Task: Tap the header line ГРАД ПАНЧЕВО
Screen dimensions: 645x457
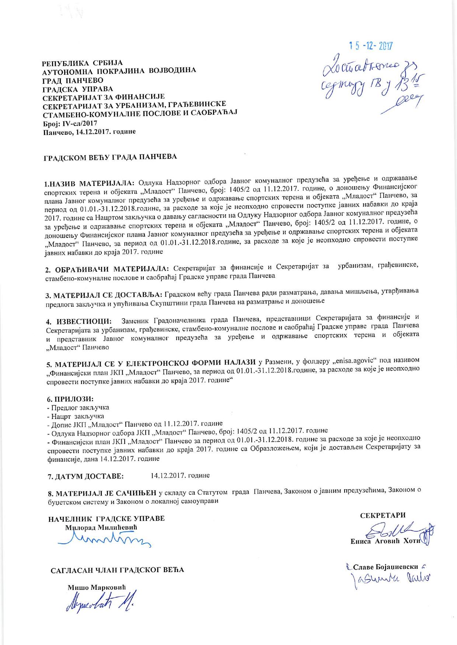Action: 73,80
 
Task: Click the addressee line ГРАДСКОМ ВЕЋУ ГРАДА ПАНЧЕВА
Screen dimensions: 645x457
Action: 110,157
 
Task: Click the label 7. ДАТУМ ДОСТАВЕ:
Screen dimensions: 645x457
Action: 86,476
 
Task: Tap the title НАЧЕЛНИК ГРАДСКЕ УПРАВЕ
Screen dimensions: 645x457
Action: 107,519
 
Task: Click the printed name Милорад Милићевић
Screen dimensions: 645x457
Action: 101,528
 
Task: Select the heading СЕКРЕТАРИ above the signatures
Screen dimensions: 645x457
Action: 383,515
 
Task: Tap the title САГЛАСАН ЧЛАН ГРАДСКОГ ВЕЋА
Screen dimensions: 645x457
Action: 117,570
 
